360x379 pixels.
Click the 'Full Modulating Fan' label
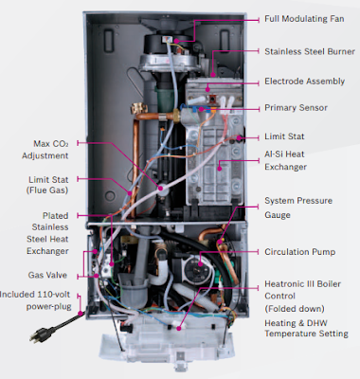click(x=304, y=19)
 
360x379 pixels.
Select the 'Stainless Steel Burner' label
click(x=310, y=51)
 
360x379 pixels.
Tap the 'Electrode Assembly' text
click(x=304, y=81)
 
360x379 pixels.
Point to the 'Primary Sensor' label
click(x=296, y=108)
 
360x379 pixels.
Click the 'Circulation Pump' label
click(x=299, y=252)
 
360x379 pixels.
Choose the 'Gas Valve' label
click(x=47, y=275)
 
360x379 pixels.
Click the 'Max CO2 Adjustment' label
click(x=45, y=150)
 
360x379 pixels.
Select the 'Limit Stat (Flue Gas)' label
click(x=48, y=185)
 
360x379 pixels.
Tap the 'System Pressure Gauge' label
click(x=298, y=208)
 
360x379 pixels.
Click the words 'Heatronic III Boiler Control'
click(x=302, y=290)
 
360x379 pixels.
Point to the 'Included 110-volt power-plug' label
click(x=35, y=300)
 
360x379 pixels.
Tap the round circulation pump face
click(x=195, y=268)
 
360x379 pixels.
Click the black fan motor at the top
click(x=159, y=44)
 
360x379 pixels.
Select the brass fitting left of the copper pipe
click(x=139, y=109)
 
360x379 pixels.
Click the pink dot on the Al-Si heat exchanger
click(x=220, y=169)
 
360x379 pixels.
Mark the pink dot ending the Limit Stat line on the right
click(x=240, y=137)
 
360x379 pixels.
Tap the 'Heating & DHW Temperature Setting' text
click(x=306, y=328)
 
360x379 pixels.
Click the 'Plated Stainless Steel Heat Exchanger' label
click(x=47, y=233)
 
